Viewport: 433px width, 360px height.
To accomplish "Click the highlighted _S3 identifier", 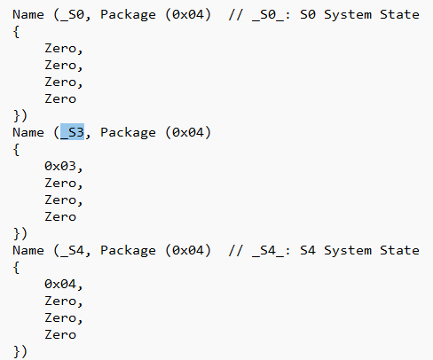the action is [72, 132].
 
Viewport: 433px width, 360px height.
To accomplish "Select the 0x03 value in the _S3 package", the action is [60, 166].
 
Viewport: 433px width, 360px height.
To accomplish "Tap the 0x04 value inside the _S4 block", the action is [60, 284].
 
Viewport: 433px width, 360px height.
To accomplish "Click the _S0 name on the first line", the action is [72, 15].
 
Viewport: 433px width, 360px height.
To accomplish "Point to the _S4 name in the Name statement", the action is [72, 251].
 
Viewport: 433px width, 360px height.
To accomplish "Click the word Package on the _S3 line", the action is [128, 133].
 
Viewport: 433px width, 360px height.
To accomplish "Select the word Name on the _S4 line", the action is [28, 251].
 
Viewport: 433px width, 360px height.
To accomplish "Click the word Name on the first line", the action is [28, 15].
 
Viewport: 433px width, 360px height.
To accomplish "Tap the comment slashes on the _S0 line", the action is [235, 15].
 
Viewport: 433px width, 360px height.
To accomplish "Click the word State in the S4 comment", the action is [399, 251].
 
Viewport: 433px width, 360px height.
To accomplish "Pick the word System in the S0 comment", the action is [348, 15].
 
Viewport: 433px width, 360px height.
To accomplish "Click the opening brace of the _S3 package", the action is [16, 150].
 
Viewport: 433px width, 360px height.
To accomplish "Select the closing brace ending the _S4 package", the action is [17, 351].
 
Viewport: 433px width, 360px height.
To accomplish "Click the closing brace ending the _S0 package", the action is [17, 115].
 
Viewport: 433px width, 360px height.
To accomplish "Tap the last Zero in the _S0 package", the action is [60, 98].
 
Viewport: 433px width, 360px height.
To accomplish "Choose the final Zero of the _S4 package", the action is [60, 334].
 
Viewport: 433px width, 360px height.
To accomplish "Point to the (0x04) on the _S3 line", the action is [188, 132].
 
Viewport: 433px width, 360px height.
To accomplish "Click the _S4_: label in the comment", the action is [272, 251].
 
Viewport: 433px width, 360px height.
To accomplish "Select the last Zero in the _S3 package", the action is [60, 216].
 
